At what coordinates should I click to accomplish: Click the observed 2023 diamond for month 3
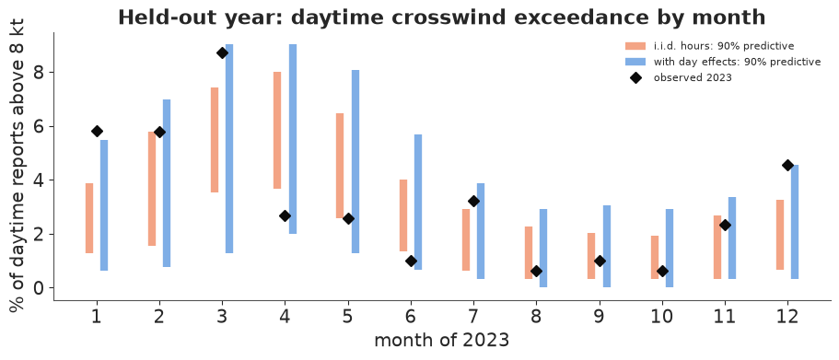[222, 53]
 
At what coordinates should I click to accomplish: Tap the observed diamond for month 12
[787, 166]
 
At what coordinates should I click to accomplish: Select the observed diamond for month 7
[473, 201]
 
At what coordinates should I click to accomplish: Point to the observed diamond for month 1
[97, 131]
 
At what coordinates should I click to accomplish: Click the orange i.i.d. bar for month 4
[277, 130]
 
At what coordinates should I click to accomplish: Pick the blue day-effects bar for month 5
[355, 161]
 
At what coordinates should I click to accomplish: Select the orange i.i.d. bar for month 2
[152, 189]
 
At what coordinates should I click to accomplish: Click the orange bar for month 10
[655, 257]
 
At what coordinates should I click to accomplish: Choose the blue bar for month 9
[607, 246]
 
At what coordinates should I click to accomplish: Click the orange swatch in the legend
[635, 45]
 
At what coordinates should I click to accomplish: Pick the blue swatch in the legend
[635, 62]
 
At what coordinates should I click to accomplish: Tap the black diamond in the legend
[635, 77]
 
